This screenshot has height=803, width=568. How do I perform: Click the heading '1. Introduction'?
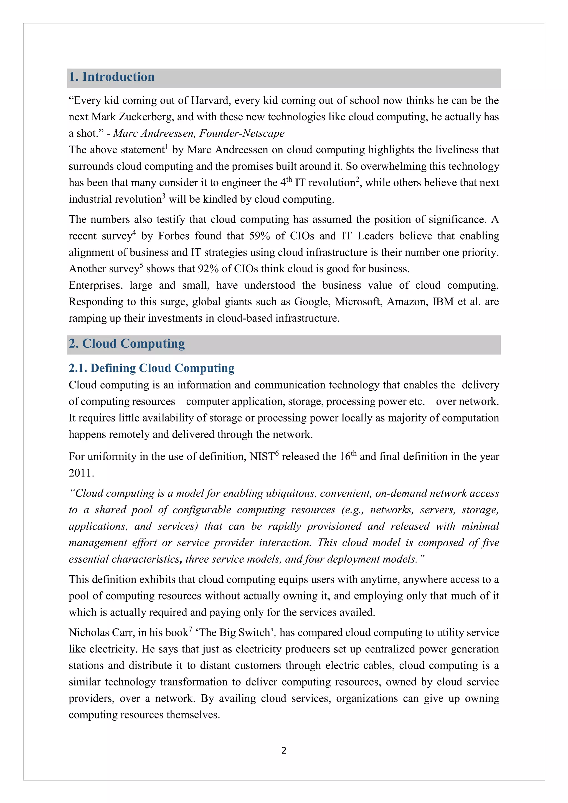pyautogui.click(x=111, y=77)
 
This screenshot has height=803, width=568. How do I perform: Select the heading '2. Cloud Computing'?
pyautogui.click(x=127, y=344)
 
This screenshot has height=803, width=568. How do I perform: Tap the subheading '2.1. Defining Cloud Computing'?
pyautogui.click(x=151, y=368)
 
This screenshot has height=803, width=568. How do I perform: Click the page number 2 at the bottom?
pyautogui.click(x=284, y=750)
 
